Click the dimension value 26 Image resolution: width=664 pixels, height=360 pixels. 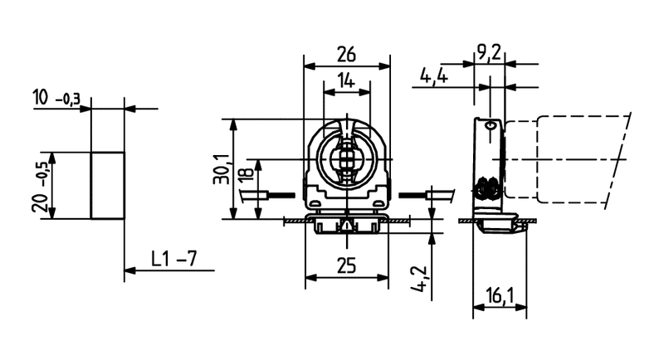pos(347,55)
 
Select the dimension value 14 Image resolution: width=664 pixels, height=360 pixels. pos(347,81)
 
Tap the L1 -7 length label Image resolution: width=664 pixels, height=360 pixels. pos(173,258)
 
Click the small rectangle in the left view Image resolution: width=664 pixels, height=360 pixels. pos(107,185)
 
